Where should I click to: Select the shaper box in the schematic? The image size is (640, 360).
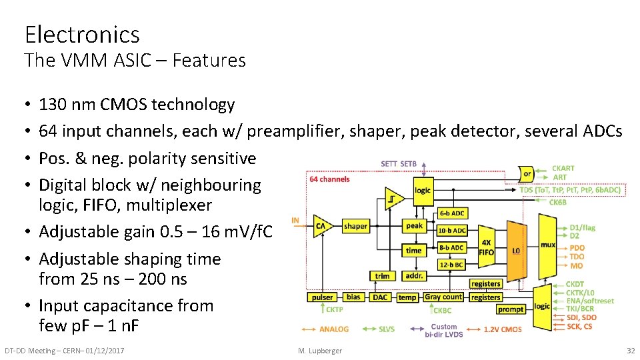pyautogui.click(x=355, y=226)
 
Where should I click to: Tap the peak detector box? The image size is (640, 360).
pyautogui.click(x=414, y=226)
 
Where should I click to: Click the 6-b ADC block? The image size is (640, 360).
pyautogui.click(x=451, y=213)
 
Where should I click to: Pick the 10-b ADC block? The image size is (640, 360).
pyautogui.click(x=451, y=230)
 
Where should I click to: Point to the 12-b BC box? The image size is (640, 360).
pyautogui.click(x=451, y=265)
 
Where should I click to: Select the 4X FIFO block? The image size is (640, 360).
pyautogui.click(x=487, y=248)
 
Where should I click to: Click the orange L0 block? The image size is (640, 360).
pyautogui.click(x=515, y=251)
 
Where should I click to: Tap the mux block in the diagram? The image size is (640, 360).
pyautogui.click(x=547, y=245)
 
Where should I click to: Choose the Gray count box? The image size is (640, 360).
pyautogui.click(x=443, y=297)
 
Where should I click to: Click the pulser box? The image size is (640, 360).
pyautogui.click(x=322, y=297)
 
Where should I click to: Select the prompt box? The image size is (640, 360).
pyautogui.click(x=511, y=309)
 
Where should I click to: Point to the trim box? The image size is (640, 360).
pyautogui.click(x=382, y=275)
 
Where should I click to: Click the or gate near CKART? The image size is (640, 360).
pyautogui.click(x=527, y=174)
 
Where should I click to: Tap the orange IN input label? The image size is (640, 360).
pyautogui.click(x=295, y=220)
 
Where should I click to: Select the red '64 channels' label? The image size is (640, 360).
pyautogui.click(x=329, y=179)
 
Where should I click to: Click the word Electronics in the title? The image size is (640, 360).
pyautogui.click(x=82, y=34)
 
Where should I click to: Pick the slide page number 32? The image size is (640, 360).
pyautogui.click(x=630, y=351)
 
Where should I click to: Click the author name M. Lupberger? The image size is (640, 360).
pyautogui.click(x=320, y=351)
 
